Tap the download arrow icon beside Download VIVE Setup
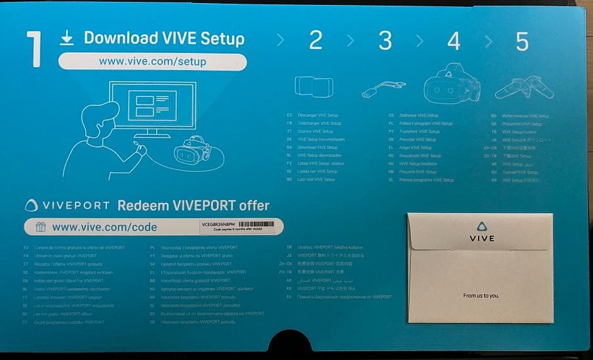[x=66, y=38]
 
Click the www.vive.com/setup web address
[x=153, y=61]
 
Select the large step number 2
[x=315, y=40]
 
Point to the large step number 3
[x=384, y=40]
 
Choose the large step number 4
[x=453, y=40]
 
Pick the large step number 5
[x=522, y=40]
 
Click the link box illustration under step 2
[x=315, y=86]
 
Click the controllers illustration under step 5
[x=524, y=87]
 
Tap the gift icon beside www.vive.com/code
[x=40, y=227]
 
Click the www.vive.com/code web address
[x=105, y=227]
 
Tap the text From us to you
[x=480, y=295]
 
